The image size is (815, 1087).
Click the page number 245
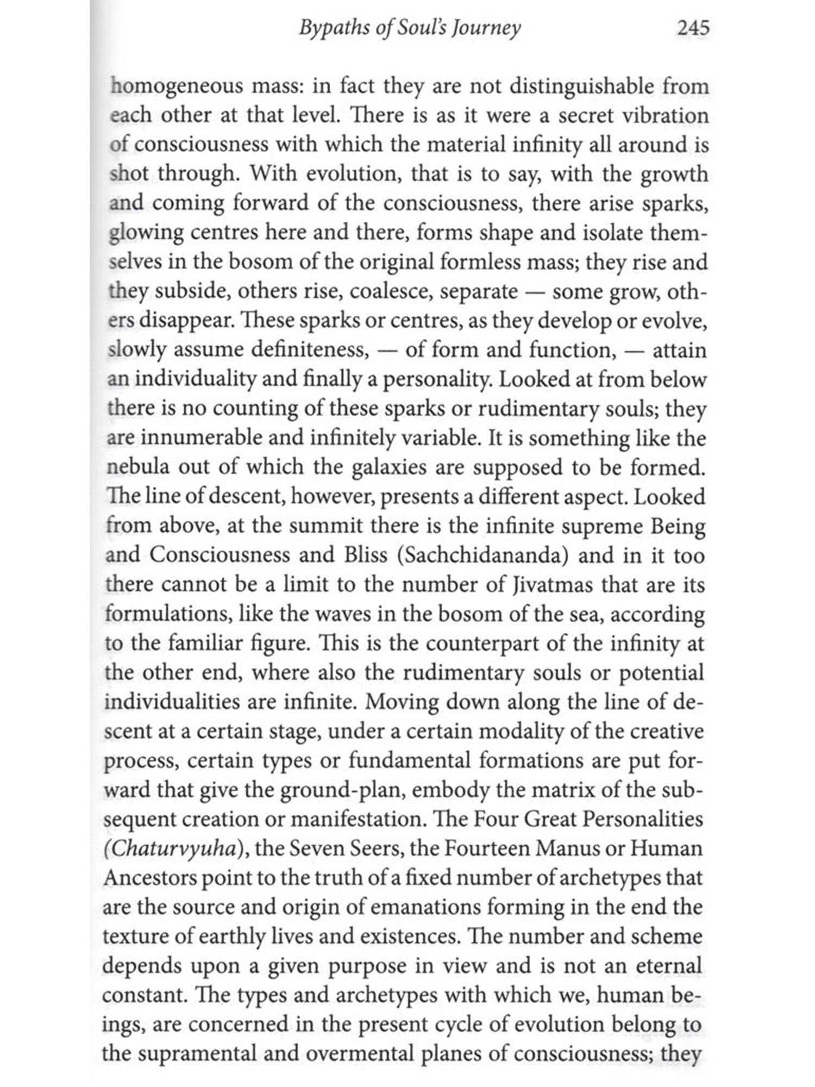693,27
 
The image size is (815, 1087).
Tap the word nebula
137,467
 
